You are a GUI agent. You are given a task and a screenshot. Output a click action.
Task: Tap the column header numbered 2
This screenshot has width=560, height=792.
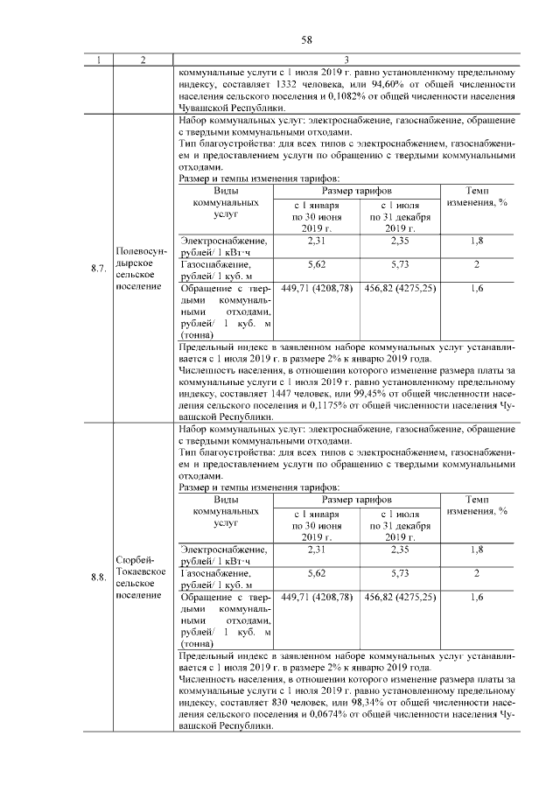pyautogui.click(x=142, y=60)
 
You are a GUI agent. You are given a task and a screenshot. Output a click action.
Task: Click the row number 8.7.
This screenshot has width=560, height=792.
pyautogui.click(x=98, y=269)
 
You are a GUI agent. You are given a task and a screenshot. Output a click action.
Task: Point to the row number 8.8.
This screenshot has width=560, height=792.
pyautogui.click(x=98, y=577)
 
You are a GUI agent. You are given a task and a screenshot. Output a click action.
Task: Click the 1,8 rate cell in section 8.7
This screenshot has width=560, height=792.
pyautogui.click(x=477, y=241)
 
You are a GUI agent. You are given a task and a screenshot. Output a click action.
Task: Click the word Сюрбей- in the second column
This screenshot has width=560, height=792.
pyautogui.click(x=133, y=559)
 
